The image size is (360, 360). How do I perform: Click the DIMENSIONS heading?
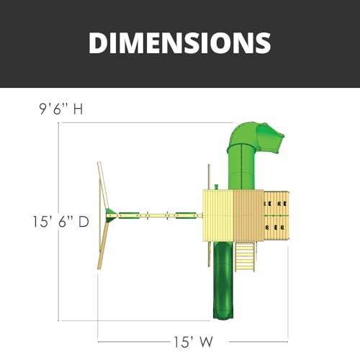tap(180, 42)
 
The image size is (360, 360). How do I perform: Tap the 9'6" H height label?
tap(61, 109)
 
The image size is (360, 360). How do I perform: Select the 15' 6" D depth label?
tap(60, 221)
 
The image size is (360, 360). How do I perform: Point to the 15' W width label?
tap(193, 342)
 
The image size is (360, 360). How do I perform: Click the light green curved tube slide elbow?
tap(243, 133)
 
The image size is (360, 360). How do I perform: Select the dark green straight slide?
tap(223, 281)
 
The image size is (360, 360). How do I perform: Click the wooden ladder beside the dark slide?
tap(245, 256)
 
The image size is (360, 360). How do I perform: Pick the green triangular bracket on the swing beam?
tap(111, 215)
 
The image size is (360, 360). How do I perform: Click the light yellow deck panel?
tap(218, 215)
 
